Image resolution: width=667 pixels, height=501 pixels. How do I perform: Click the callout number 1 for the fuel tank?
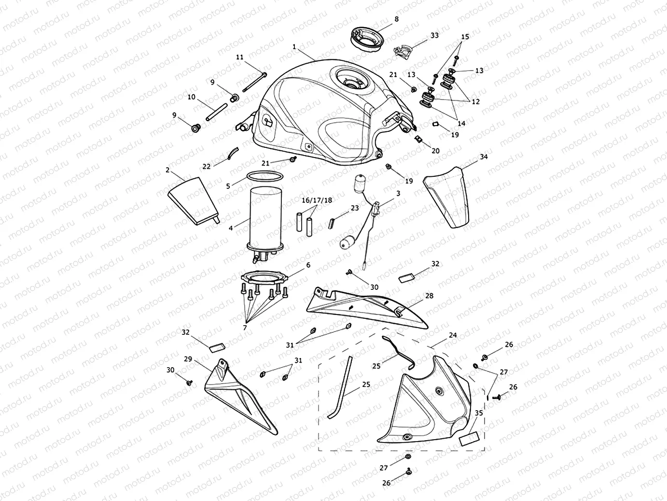tap(294, 47)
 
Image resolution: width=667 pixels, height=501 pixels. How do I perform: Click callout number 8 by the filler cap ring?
tap(397, 19)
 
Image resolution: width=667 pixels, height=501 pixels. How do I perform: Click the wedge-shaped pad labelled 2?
tap(192, 199)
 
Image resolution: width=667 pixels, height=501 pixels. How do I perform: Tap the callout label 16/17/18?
tap(317, 200)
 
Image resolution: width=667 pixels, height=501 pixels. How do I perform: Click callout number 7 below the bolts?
tap(245, 328)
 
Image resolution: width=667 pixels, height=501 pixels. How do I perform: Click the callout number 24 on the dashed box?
tap(453, 335)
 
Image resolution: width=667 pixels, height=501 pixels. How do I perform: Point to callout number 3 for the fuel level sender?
tap(398, 193)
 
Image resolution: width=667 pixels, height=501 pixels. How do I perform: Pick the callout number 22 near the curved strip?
tap(207, 166)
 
